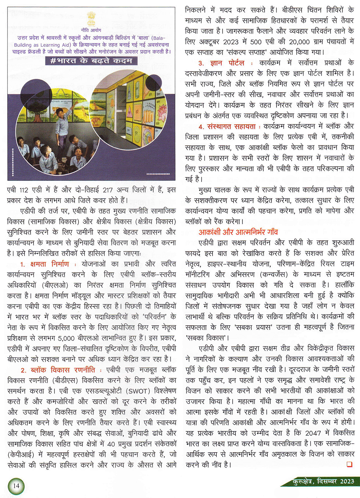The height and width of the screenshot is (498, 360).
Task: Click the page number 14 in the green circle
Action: pos(16,485)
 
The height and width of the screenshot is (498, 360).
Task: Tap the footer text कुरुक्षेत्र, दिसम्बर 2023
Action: pos(323,481)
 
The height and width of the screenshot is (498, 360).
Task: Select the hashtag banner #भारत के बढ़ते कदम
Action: pos(91,60)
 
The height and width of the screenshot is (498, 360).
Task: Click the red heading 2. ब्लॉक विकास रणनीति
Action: pos(58,370)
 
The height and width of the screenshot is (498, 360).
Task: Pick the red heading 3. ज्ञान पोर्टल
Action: pos(221,63)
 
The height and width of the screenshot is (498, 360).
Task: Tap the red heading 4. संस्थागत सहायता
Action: pos(227,127)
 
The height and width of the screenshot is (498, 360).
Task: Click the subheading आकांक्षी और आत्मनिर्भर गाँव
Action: pos(238,232)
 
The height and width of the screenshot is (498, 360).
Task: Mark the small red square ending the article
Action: pos(349,465)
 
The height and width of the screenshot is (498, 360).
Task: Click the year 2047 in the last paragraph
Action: pos(312,433)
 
